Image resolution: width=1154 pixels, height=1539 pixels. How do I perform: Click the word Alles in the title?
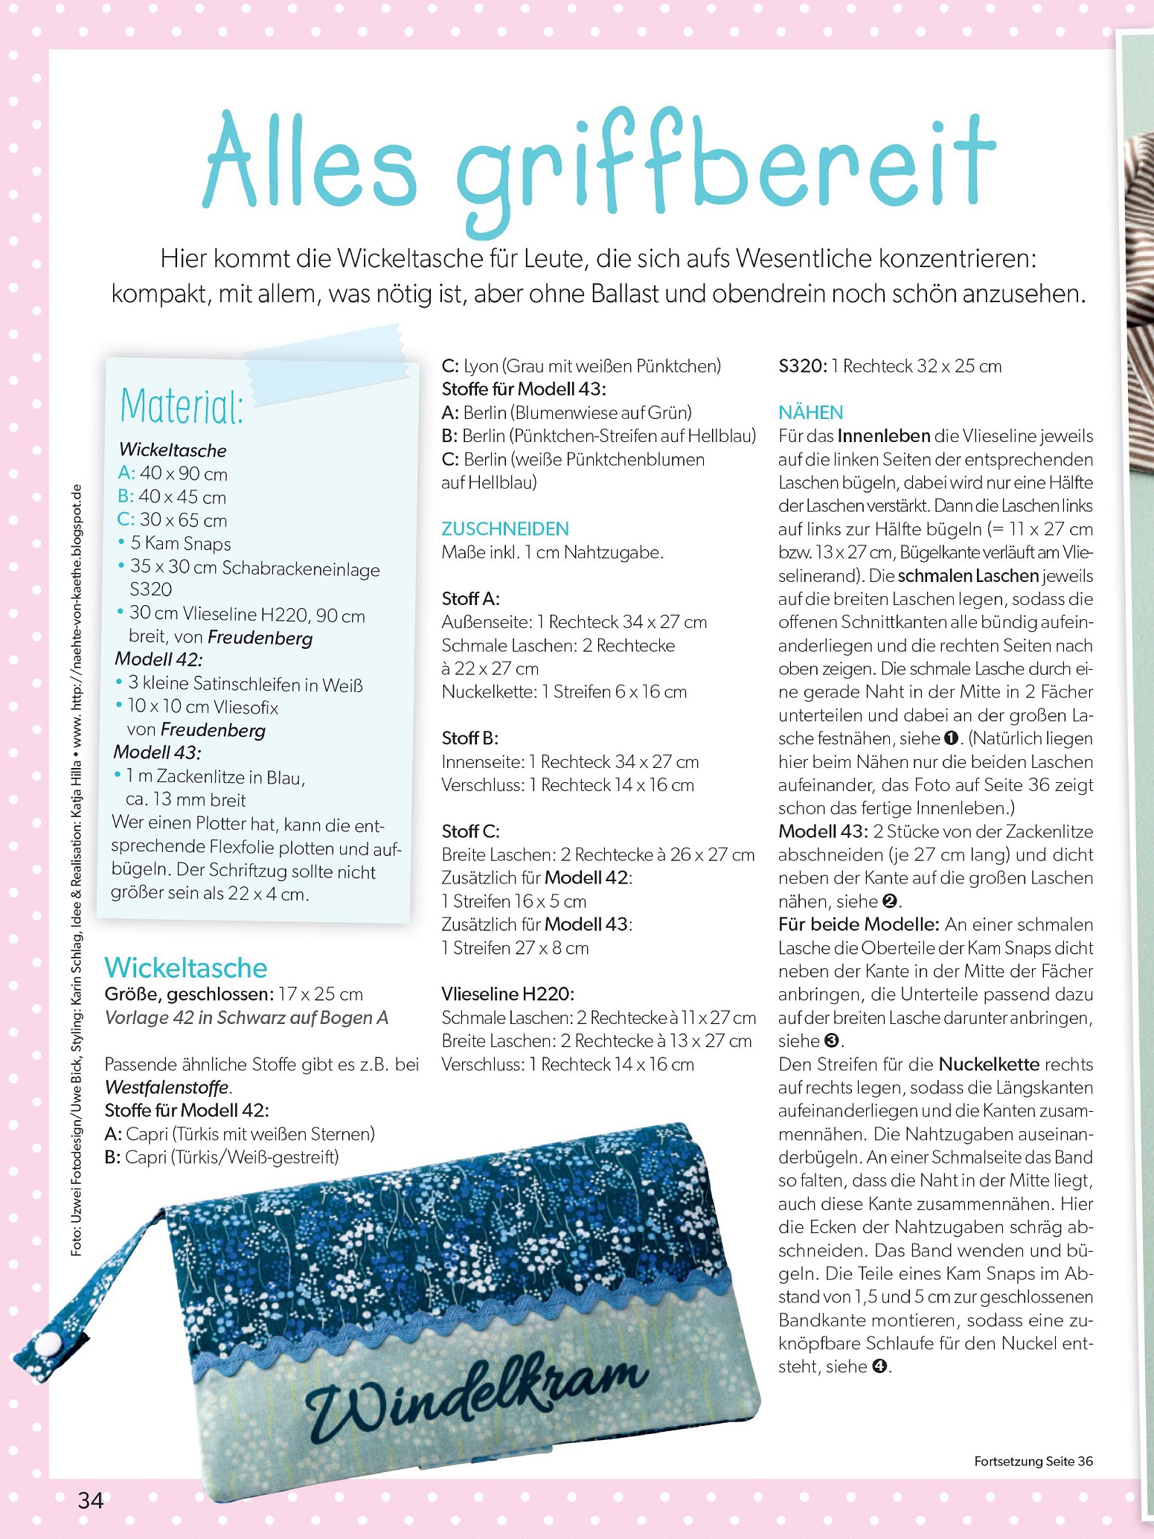310,163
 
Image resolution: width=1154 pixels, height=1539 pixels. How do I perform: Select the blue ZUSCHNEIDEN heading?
505,529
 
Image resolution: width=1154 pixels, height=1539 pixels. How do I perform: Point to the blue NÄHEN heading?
811,413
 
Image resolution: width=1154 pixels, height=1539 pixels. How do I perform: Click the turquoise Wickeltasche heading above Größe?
186,967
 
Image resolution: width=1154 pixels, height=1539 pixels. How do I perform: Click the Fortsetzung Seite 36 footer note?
1033,1461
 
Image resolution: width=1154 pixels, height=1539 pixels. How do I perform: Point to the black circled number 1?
950,739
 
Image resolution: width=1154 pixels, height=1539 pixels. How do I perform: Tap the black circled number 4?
879,1366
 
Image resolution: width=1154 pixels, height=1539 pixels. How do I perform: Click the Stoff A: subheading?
470,598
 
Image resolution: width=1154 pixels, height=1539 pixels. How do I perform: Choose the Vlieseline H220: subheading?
507,994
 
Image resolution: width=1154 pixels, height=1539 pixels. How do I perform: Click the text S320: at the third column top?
802,366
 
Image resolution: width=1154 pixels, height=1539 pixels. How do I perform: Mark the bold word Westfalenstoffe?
167,1087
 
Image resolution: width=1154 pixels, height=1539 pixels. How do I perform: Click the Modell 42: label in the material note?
158,659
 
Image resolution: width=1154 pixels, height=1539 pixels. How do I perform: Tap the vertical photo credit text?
77,871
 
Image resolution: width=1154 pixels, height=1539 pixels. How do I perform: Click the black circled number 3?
833,1041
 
